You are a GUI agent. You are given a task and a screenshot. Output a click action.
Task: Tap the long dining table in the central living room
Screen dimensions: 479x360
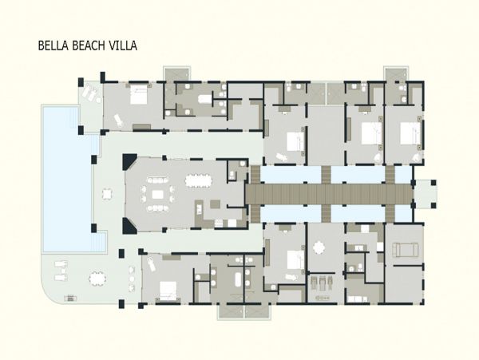(x=198, y=180)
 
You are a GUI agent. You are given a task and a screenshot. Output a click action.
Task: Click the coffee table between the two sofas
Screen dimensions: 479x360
(x=157, y=194)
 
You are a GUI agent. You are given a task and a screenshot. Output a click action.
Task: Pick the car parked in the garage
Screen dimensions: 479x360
(x=405, y=250)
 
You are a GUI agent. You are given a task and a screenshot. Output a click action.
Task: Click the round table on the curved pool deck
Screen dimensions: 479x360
(x=97, y=279)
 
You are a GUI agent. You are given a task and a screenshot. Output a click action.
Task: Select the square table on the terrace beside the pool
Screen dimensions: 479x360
(x=107, y=194)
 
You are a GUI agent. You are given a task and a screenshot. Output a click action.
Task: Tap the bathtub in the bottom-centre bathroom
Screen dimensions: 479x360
(x=238, y=279)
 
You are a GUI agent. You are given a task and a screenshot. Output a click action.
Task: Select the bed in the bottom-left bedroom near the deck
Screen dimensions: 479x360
(x=168, y=291)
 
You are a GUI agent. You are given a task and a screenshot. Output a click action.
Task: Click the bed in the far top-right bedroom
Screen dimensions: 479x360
(x=410, y=133)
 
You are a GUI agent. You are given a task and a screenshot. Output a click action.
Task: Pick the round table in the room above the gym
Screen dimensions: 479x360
(x=319, y=247)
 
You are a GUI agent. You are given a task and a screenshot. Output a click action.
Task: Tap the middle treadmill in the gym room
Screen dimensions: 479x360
(x=323, y=283)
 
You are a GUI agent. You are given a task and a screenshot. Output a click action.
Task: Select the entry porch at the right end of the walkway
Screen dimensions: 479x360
(x=426, y=194)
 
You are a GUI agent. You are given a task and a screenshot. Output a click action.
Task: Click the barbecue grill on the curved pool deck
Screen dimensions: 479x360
(x=70, y=298)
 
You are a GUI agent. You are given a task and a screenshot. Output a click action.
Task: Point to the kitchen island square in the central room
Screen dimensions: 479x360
(x=215, y=204)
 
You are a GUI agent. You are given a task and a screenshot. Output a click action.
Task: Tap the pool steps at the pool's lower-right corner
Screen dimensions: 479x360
(x=99, y=241)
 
